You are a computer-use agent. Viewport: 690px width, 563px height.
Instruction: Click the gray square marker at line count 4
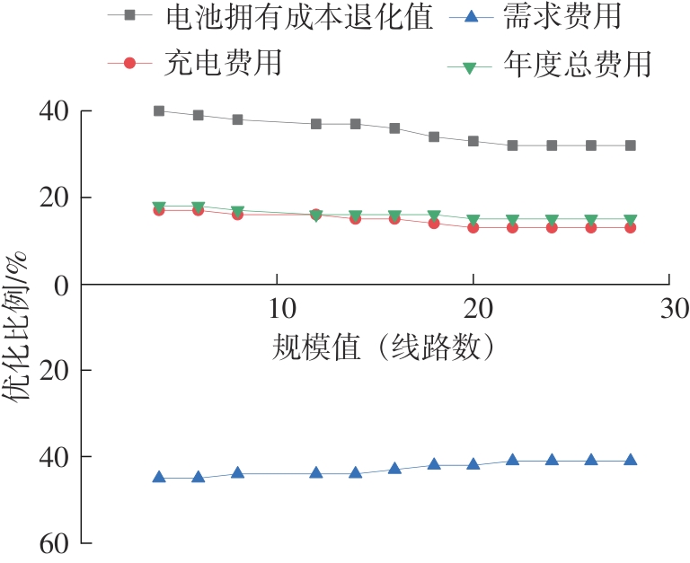159,111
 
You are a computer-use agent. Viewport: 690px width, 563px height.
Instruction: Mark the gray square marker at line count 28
631,145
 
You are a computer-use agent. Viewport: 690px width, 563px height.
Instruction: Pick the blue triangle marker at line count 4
159,477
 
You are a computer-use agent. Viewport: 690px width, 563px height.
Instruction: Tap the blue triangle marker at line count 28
631,460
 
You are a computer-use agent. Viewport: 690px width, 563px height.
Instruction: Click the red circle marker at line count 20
473,227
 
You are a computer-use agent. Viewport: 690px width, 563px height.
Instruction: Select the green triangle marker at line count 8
237,211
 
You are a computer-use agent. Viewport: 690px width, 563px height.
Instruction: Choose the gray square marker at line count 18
434,137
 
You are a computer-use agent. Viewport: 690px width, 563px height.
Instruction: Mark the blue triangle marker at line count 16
394,468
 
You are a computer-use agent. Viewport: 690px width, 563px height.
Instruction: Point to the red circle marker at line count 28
631,227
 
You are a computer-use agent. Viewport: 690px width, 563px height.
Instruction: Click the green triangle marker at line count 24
552,220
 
